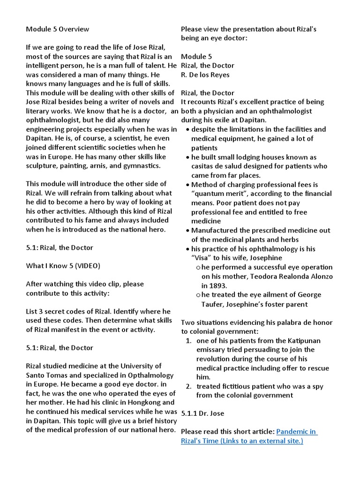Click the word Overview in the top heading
click(74, 29)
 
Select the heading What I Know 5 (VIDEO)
click(63, 266)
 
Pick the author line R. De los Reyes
click(205, 75)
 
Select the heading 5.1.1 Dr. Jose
click(202, 413)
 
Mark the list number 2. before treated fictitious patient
click(188, 386)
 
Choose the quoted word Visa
click(202, 258)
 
